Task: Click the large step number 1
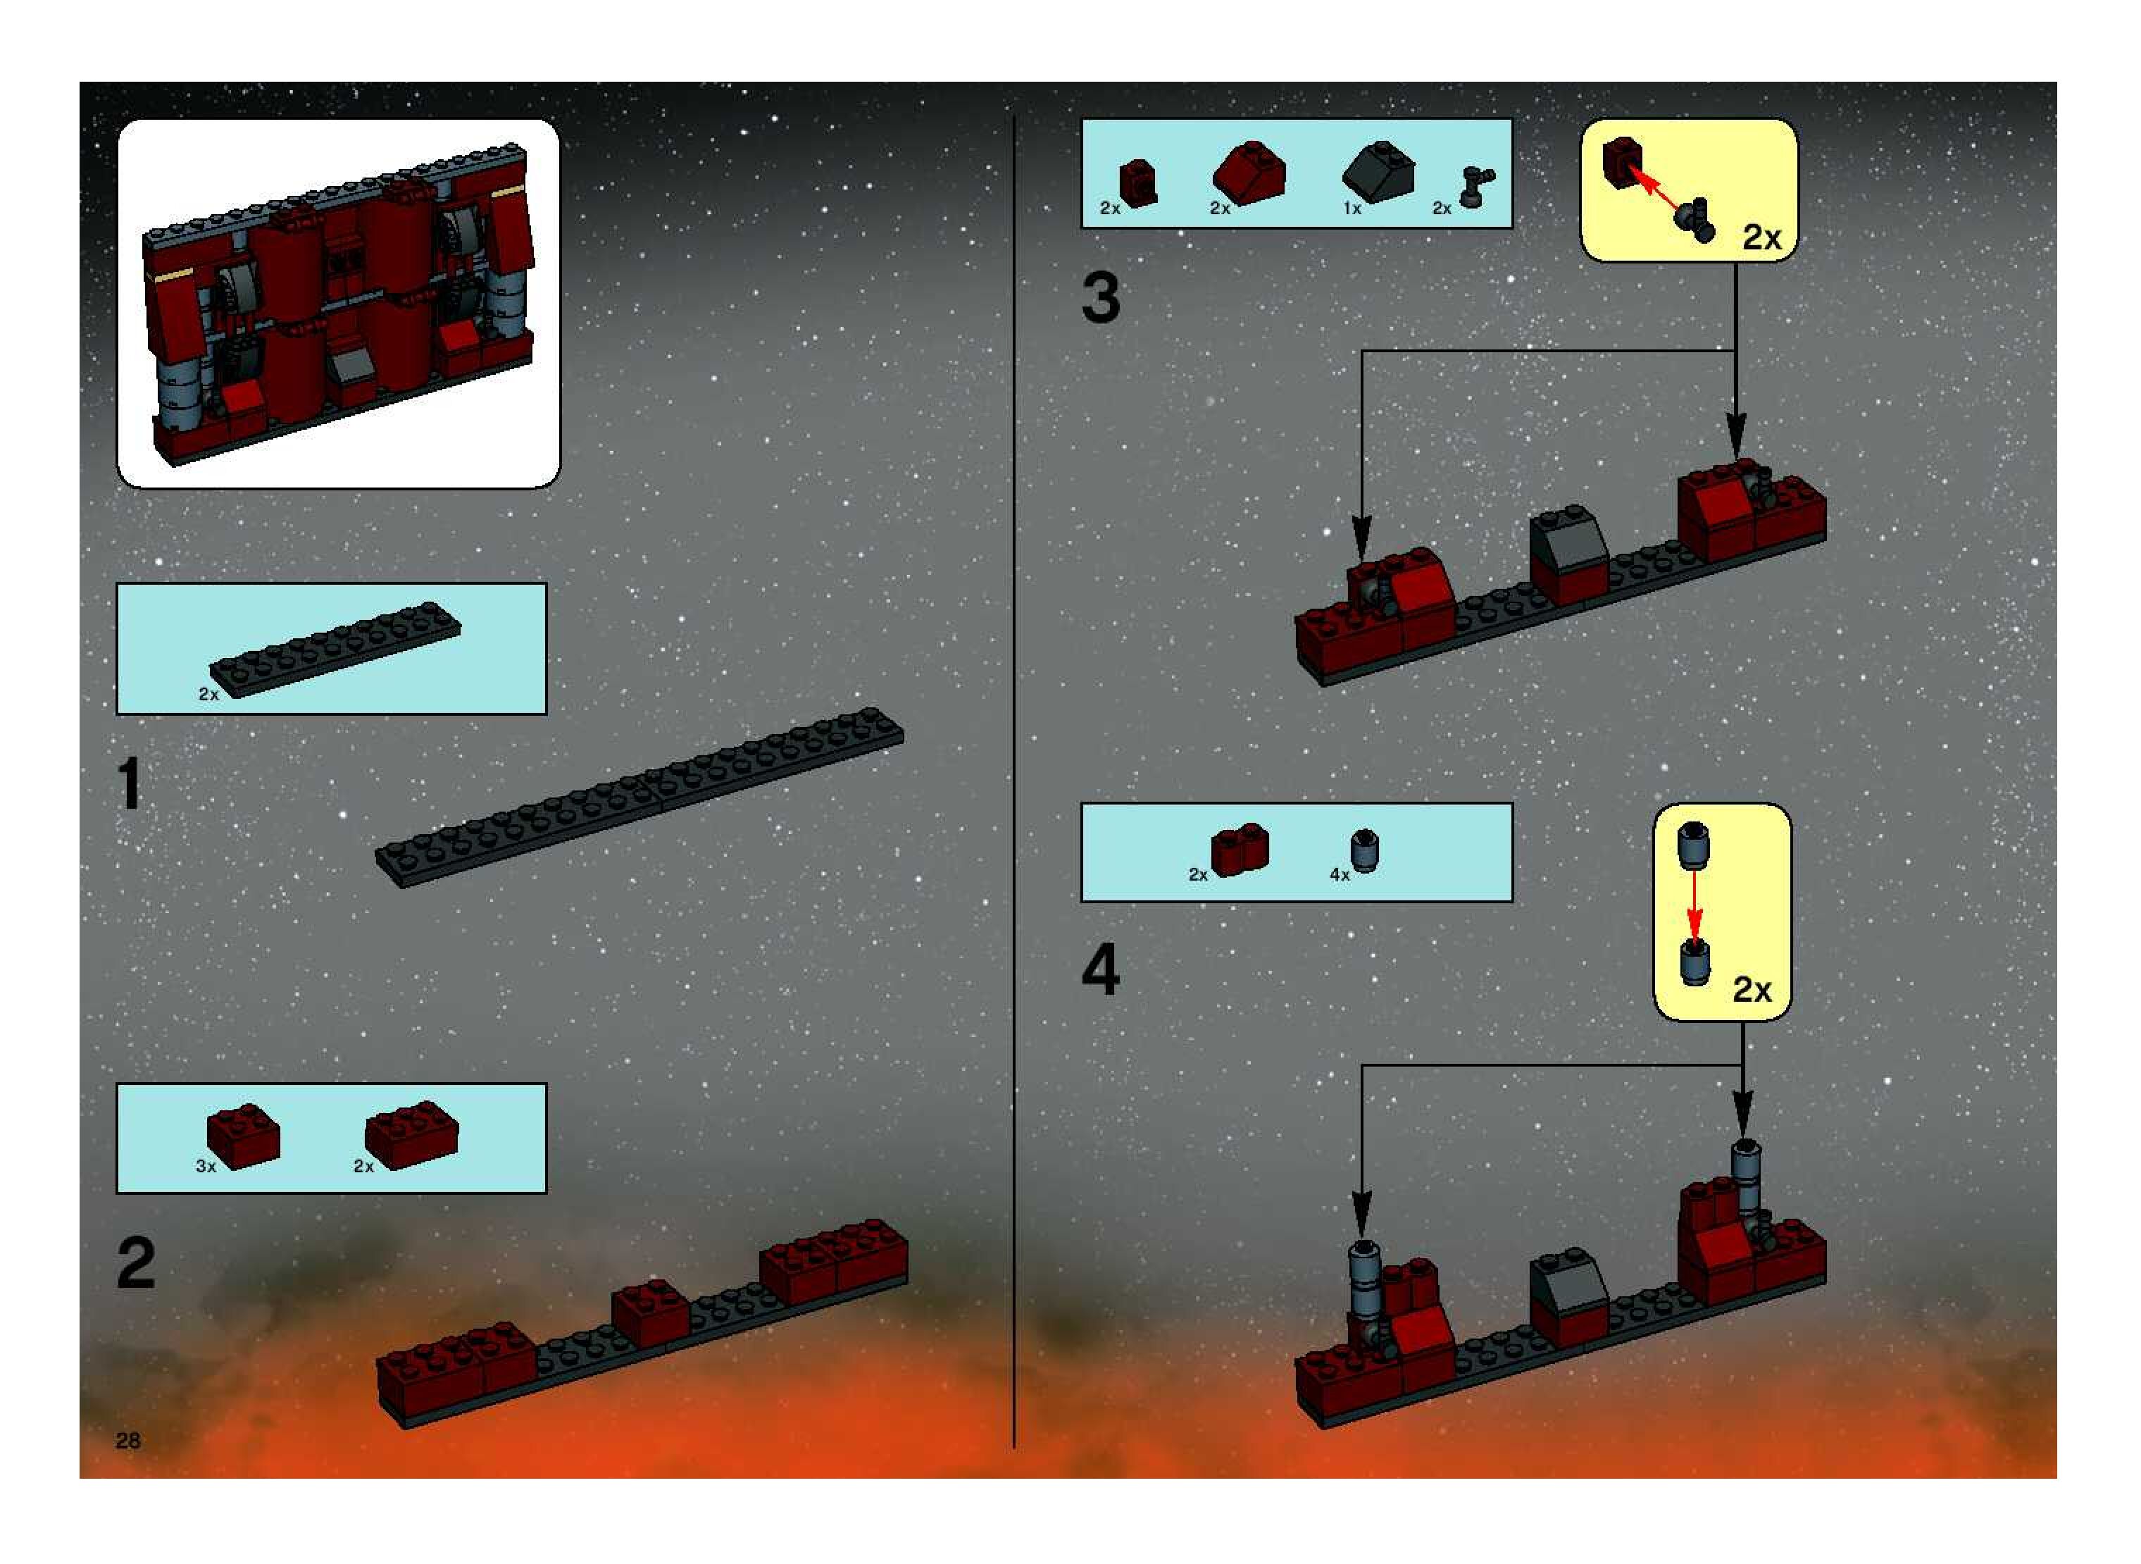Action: pyautogui.click(x=130, y=783)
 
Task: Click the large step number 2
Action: pyautogui.click(x=135, y=1263)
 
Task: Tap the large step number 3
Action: pyautogui.click(x=1101, y=297)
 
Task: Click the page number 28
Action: pyautogui.click(x=127, y=1440)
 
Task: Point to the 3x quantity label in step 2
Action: pyautogui.click(x=206, y=1167)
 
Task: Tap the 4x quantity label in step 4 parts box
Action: pyautogui.click(x=1340, y=875)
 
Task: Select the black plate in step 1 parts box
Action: pyautogui.click(x=335, y=650)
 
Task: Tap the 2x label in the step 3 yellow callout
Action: pyautogui.click(x=1761, y=237)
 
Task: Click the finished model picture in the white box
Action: pyautogui.click(x=338, y=304)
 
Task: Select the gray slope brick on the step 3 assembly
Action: pyautogui.click(x=1569, y=537)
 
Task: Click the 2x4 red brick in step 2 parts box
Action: pyautogui.click(x=412, y=1134)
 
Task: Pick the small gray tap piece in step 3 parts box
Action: pyautogui.click(x=1475, y=187)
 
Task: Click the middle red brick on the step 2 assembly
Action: pyautogui.click(x=650, y=1313)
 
